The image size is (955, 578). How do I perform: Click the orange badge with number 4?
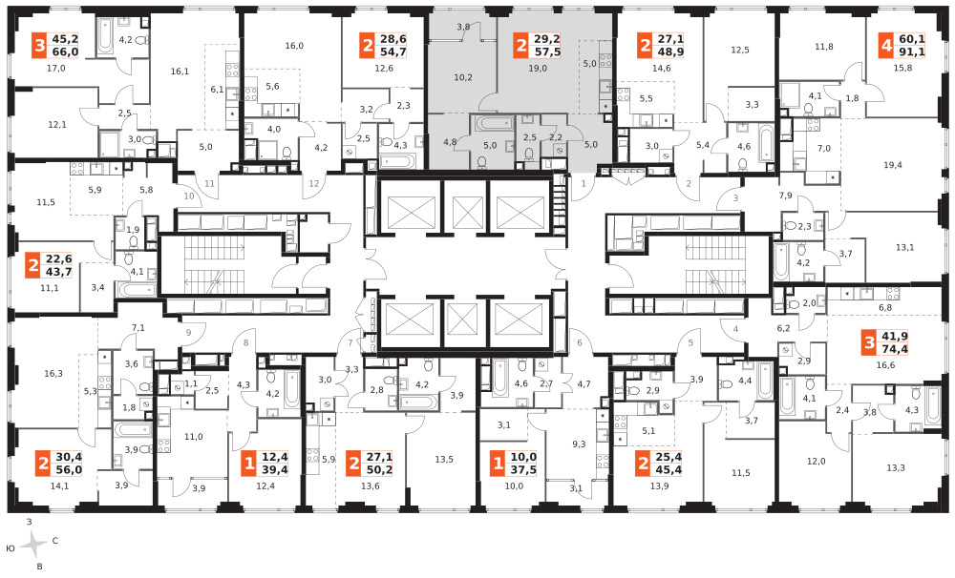tap(886, 46)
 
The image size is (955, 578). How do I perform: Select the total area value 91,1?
tap(912, 52)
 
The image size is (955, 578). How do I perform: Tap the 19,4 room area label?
tap(892, 165)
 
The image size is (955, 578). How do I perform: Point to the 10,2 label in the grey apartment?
tap(463, 77)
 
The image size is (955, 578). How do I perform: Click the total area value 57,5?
tap(547, 52)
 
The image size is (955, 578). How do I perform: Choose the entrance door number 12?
tap(313, 184)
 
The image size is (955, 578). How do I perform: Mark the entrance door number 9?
tap(189, 332)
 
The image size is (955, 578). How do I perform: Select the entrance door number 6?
tap(580, 342)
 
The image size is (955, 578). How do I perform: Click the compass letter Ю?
tap(11, 548)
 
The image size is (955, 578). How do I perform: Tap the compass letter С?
tap(54, 540)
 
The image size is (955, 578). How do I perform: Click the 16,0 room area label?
tap(294, 46)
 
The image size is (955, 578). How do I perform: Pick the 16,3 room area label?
tap(53, 374)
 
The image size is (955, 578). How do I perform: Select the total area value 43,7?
tap(58, 272)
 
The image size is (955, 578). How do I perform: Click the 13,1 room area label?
tap(905, 247)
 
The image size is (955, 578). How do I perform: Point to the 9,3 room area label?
tap(579, 444)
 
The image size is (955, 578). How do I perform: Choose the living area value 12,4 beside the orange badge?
tap(275, 457)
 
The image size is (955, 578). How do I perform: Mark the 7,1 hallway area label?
tap(138, 328)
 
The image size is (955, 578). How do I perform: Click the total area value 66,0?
tap(65, 52)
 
